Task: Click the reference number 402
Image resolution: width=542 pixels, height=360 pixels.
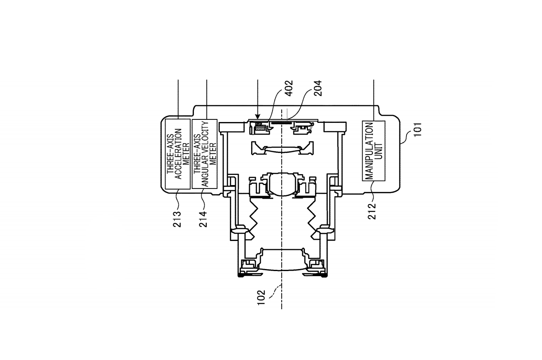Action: tap(290, 89)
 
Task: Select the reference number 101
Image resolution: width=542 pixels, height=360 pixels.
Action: tap(418, 130)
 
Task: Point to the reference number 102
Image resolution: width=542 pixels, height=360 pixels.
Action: tap(261, 297)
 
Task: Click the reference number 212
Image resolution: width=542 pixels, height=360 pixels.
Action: tap(372, 211)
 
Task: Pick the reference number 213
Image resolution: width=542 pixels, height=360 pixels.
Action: tap(177, 219)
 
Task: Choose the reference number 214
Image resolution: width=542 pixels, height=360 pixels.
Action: tap(203, 219)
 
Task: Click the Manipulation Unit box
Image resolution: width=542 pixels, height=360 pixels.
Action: tap(373, 151)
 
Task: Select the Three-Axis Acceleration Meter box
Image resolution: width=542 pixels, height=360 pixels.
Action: tap(178, 154)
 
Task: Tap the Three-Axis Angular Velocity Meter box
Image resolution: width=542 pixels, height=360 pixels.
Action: tap(205, 154)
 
